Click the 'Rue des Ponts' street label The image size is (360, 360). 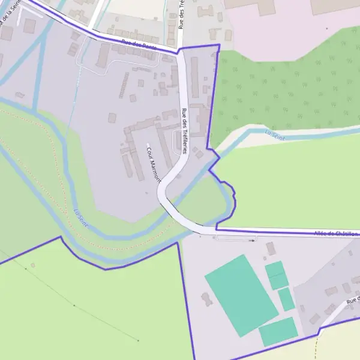139,45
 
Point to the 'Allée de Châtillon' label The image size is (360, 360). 336,233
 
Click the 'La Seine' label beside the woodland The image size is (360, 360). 275,135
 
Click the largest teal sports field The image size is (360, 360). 241,295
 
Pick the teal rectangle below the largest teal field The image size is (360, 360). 278,331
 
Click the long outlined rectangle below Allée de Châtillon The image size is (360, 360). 235,238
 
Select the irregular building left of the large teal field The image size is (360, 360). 207,298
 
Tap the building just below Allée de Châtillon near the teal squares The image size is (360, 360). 271,248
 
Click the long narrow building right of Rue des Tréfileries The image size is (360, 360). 194,77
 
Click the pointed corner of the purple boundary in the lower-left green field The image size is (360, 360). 61,237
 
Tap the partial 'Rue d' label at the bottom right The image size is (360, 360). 353,299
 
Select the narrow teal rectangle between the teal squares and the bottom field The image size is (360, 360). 286,299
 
